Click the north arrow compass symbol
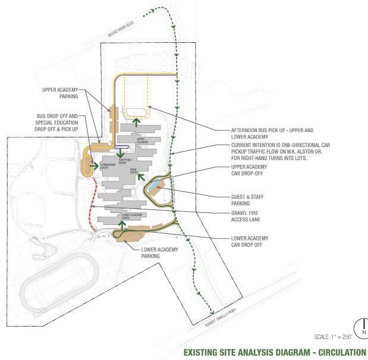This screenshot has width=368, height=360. [361, 327]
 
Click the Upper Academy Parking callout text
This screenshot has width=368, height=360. [61, 92]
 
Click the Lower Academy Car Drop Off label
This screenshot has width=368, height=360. [250, 242]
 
